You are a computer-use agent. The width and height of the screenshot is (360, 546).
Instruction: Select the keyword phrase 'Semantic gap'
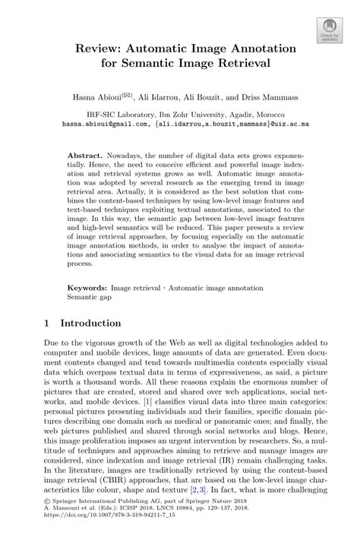pos(84,298)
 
